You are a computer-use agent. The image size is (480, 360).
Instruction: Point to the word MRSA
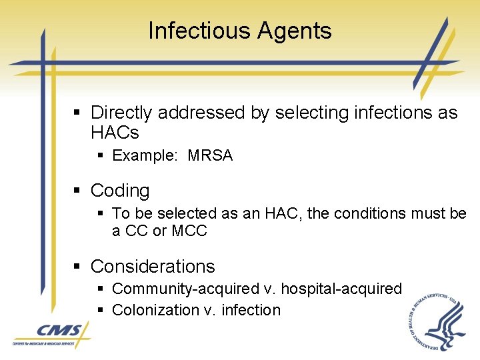pos(210,156)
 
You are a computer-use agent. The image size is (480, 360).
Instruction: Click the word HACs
pos(115,133)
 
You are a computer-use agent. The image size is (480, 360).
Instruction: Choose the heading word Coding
pos(120,191)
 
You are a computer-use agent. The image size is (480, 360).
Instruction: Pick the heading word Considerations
pos(153,267)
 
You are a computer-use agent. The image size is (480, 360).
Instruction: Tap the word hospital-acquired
pos(341,289)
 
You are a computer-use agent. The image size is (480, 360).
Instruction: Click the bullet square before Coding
pos(77,191)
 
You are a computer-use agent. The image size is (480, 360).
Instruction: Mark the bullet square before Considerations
pos(77,267)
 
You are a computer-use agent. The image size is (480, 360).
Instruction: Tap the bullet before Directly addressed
pos(77,113)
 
